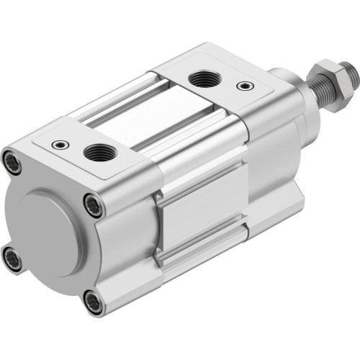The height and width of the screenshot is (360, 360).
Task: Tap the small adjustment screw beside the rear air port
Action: pos(56,143)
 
